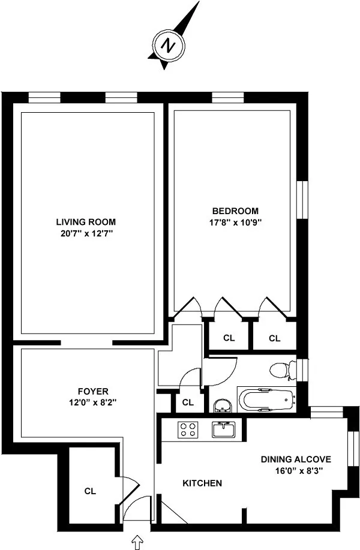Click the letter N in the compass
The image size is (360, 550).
click(x=170, y=46)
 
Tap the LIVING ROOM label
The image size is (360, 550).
click(x=86, y=221)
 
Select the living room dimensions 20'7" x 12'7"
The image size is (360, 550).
click(x=86, y=233)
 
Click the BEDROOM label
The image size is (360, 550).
click(x=235, y=211)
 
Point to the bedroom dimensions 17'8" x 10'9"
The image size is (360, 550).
click(x=235, y=222)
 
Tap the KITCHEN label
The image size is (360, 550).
click(x=202, y=483)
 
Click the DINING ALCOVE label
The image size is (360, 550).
click(x=296, y=459)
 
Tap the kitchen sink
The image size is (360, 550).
click(x=225, y=429)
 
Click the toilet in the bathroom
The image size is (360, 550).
click(x=281, y=370)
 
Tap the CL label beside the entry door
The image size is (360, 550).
click(x=90, y=491)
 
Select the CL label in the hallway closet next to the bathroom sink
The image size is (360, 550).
click(x=187, y=402)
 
